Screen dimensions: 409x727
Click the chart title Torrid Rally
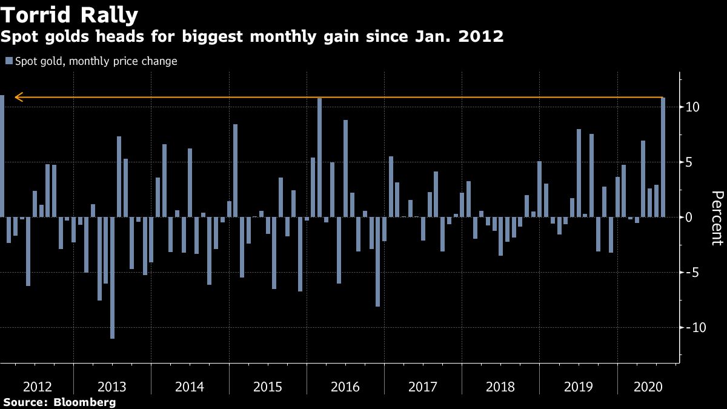point(69,15)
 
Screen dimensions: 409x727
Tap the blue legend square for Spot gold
point(9,61)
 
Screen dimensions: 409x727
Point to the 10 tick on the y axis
point(693,107)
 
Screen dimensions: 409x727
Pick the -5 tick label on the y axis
point(694,273)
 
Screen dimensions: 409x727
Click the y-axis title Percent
point(717,218)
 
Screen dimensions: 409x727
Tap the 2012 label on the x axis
point(36,387)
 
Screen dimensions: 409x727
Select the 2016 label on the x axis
point(346,387)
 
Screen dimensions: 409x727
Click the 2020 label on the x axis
point(643,387)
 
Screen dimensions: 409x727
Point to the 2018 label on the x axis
point(500,387)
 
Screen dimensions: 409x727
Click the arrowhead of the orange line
point(18,97)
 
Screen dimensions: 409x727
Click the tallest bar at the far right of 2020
point(663,157)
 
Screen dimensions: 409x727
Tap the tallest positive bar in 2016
point(319,157)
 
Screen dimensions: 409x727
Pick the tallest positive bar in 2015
point(235,170)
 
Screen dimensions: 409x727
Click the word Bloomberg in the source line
point(85,402)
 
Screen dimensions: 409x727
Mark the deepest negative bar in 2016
point(377,261)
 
